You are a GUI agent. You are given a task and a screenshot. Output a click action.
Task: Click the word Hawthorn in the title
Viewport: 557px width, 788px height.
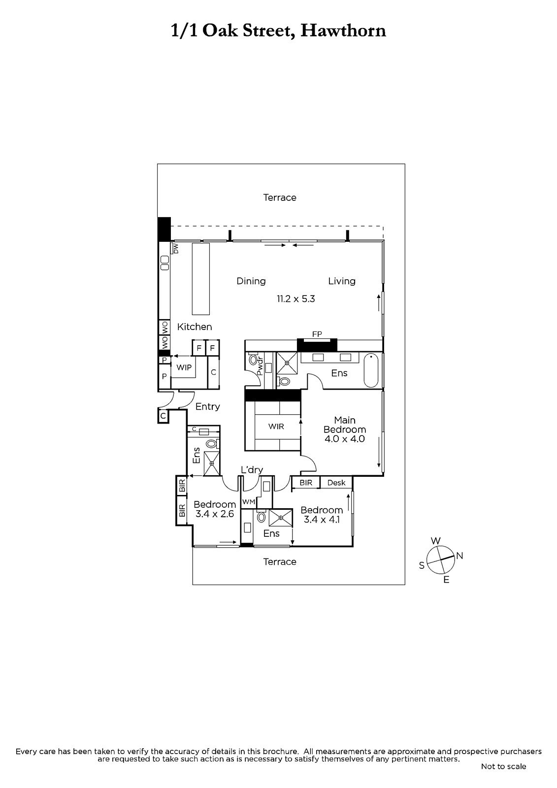point(343,31)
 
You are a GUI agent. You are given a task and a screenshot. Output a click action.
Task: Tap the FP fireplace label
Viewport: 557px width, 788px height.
point(317,334)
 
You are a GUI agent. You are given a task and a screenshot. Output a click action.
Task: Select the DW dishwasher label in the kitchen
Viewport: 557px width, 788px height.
point(176,249)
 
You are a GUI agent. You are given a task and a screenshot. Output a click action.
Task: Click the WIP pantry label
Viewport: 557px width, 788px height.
point(184,367)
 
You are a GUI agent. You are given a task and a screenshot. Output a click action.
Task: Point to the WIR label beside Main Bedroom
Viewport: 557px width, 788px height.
point(276,427)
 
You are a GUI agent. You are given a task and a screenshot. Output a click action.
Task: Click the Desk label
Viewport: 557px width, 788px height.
point(336,483)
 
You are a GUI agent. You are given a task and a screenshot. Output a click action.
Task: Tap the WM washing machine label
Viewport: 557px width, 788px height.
point(249,502)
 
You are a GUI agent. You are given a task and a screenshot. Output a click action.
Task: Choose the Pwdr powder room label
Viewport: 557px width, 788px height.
point(261,366)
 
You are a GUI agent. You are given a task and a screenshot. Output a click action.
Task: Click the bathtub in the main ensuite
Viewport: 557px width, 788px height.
point(370,370)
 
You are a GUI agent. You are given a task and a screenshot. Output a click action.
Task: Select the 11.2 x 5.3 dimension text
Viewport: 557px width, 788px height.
point(295,299)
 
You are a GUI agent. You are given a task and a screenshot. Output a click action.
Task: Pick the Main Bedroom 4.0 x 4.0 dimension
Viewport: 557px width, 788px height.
point(344,439)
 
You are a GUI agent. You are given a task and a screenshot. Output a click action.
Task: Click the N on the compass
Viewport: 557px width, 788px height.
point(459,556)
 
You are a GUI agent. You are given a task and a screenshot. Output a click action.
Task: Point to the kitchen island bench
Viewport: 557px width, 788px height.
point(200,279)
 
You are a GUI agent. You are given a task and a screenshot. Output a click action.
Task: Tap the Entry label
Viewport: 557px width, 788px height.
point(208,407)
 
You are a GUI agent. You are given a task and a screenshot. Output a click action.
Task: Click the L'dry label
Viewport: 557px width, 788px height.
point(252,470)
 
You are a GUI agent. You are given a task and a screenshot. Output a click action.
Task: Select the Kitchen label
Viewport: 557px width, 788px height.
point(195,327)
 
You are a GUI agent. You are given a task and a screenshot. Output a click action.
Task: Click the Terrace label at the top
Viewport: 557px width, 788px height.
point(280,197)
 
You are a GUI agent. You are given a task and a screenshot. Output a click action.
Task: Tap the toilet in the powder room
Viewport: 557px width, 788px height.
point(253,360)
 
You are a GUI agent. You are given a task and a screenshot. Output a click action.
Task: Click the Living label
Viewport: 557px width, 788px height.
point(342,281)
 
